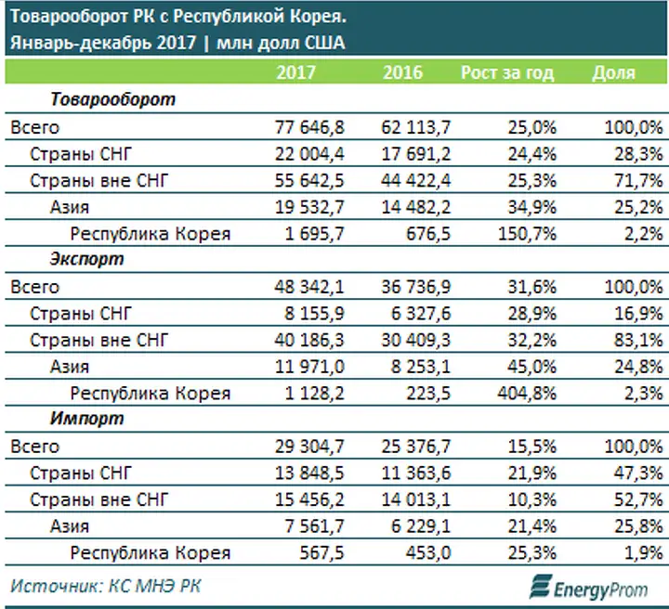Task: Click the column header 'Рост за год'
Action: click(x=507, y=72)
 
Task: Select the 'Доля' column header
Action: click(x=613, y=72)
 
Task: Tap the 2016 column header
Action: click(x=402, y=72)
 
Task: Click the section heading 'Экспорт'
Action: click(x=86, y=259)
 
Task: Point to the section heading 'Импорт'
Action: click(x=86, y=419)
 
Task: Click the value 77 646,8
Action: click(x=309, y=127)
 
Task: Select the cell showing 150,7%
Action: click(x=528, y=234)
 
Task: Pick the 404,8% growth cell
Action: click(x=527, y=393)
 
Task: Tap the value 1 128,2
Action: click(x=314, y=393)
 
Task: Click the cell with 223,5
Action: click(x=428, y=393)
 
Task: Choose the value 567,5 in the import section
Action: click(x=321, y=552)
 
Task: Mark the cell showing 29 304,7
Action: click(x=309, y=447)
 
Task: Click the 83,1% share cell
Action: click(x=638, y=340)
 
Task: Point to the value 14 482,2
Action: click(x=416, y=207)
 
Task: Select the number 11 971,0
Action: click(x=309, y=367)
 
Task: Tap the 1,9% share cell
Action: click(x=644, y=552)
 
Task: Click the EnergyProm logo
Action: click(x=589, y=588)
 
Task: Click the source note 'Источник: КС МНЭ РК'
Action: click(x=105, y=586)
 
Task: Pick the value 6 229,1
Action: click(x=421, y=526)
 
